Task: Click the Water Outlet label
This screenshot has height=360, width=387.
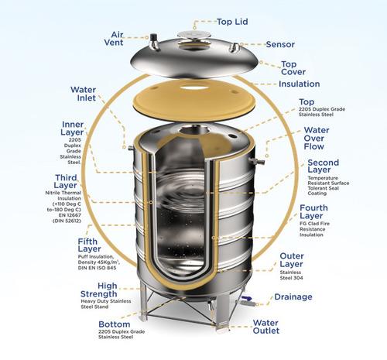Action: coord(293,328)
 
